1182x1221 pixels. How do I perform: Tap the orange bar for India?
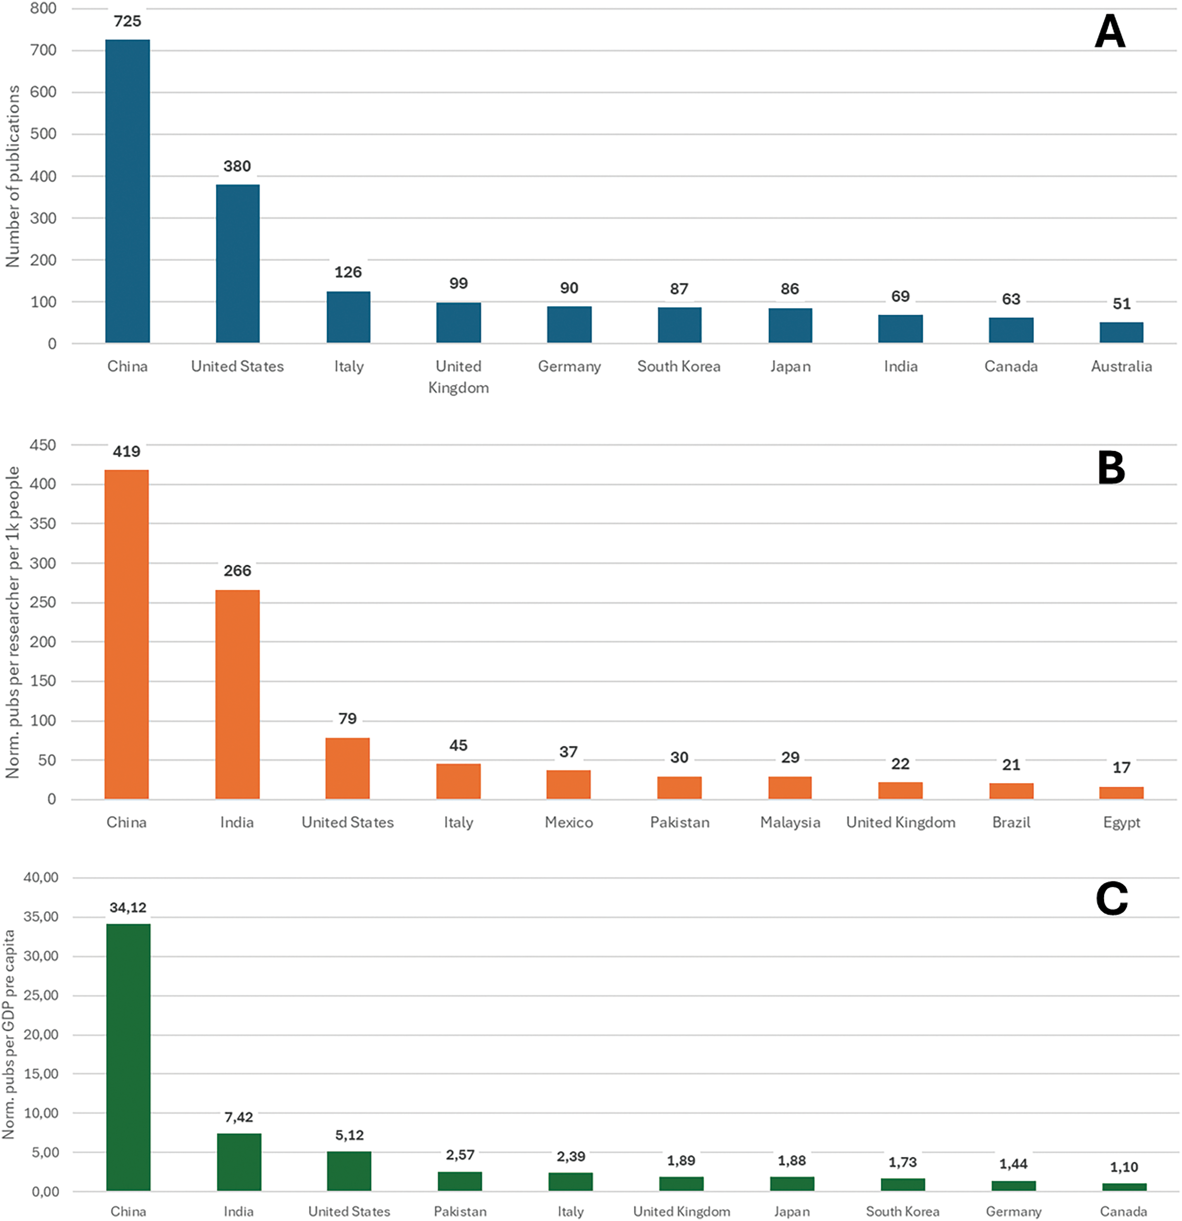coord(237,694)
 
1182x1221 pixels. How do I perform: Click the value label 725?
coord(127,21)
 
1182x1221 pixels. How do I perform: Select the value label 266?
coord(237,571)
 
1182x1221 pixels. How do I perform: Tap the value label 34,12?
coord(128,908)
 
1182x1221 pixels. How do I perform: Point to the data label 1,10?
coord(1124,1167)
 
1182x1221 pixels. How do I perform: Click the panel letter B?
coord(1111,469)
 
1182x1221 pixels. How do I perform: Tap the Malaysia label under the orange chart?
coord(790,822)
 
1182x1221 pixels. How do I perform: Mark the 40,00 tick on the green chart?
coord(41,877)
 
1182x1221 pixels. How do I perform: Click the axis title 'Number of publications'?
coord(12,176)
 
